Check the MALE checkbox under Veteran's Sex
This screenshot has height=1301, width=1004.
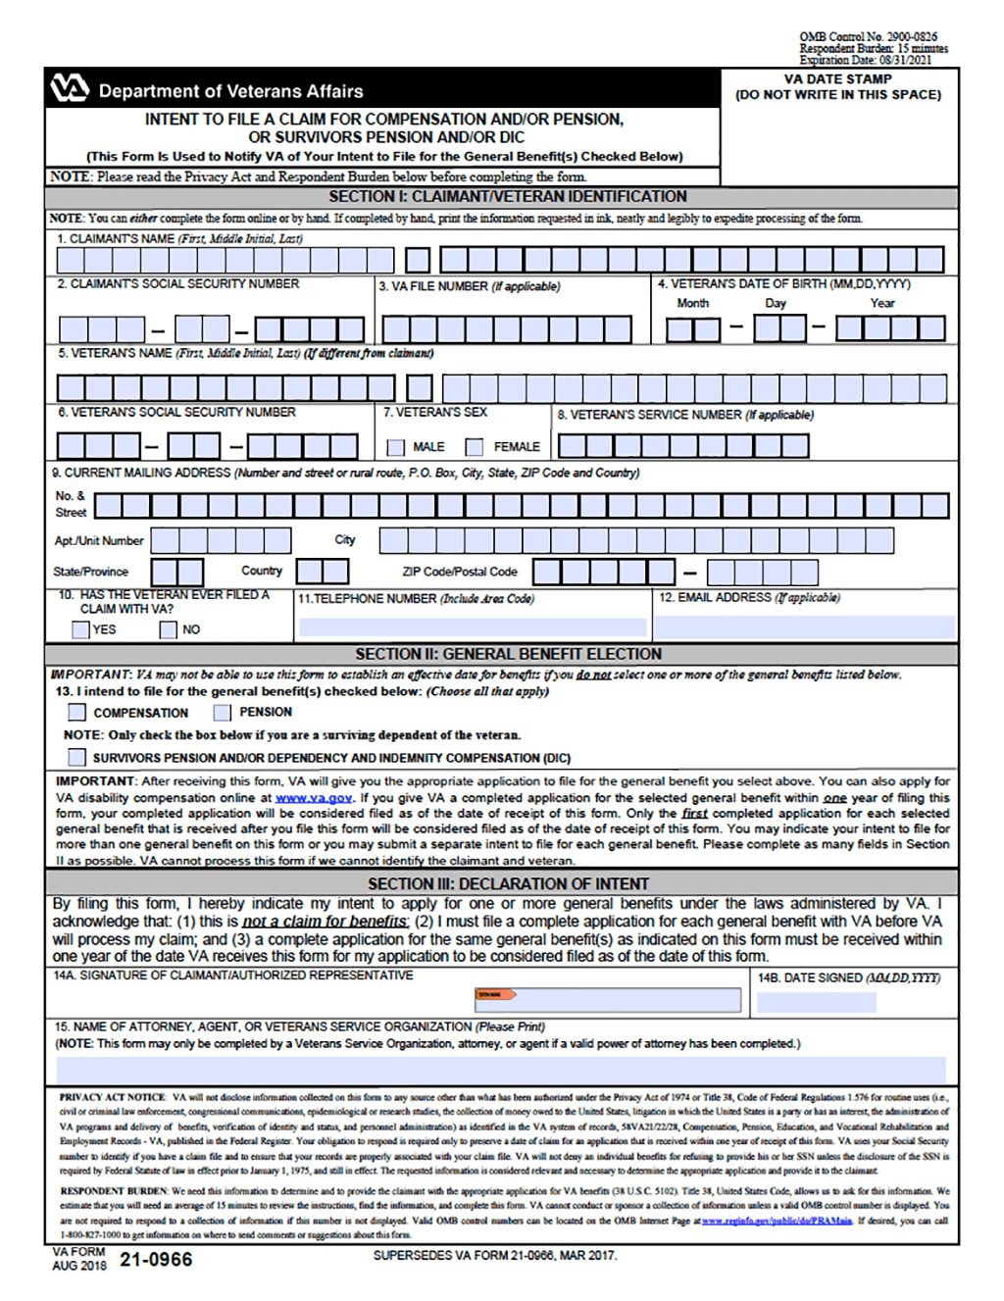pyautogui.click(x=396, y=447)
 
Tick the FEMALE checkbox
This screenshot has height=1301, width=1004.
pyautogui.click(x=475, y=447)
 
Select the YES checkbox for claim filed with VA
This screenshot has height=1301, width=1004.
pyautogui.click(x=81, y=629)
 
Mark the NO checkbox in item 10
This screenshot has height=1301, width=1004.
pyautogui.click(x=169, y=629)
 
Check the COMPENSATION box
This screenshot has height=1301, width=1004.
pyautogui.click(x=76, y=713)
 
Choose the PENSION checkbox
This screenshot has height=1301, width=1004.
pyautogui.click(x=223, y=713)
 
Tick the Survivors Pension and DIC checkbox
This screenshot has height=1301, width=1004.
pyautogui.click(x=76, y=757)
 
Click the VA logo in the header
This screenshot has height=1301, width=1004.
pyautogui.click(x=70, y=89)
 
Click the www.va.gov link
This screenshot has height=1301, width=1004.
pyautogui.click(x=314, y=798)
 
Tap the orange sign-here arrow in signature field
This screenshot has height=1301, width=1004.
pyautogui.click(x=496, y=994)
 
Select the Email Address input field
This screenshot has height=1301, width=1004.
pyautogui.click(x=805, y=626)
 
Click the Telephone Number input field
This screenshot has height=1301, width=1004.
pyautogui.click(x=473, y=626)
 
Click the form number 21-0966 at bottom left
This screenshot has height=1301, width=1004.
pyautogui.click(x=156, y=1260)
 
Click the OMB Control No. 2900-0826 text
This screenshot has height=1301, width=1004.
pyautogui.click(x=868, y=36)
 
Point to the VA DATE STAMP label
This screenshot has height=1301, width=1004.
pyautogui.click(x=837, y=79)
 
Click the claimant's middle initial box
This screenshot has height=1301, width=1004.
pyautogui.click(x=418, y=260)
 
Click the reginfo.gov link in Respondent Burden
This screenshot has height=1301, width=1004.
pyautogui.click(x=777, y=1221)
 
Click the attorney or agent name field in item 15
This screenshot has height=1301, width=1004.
pyautogui.click(x=500, y=1069)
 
